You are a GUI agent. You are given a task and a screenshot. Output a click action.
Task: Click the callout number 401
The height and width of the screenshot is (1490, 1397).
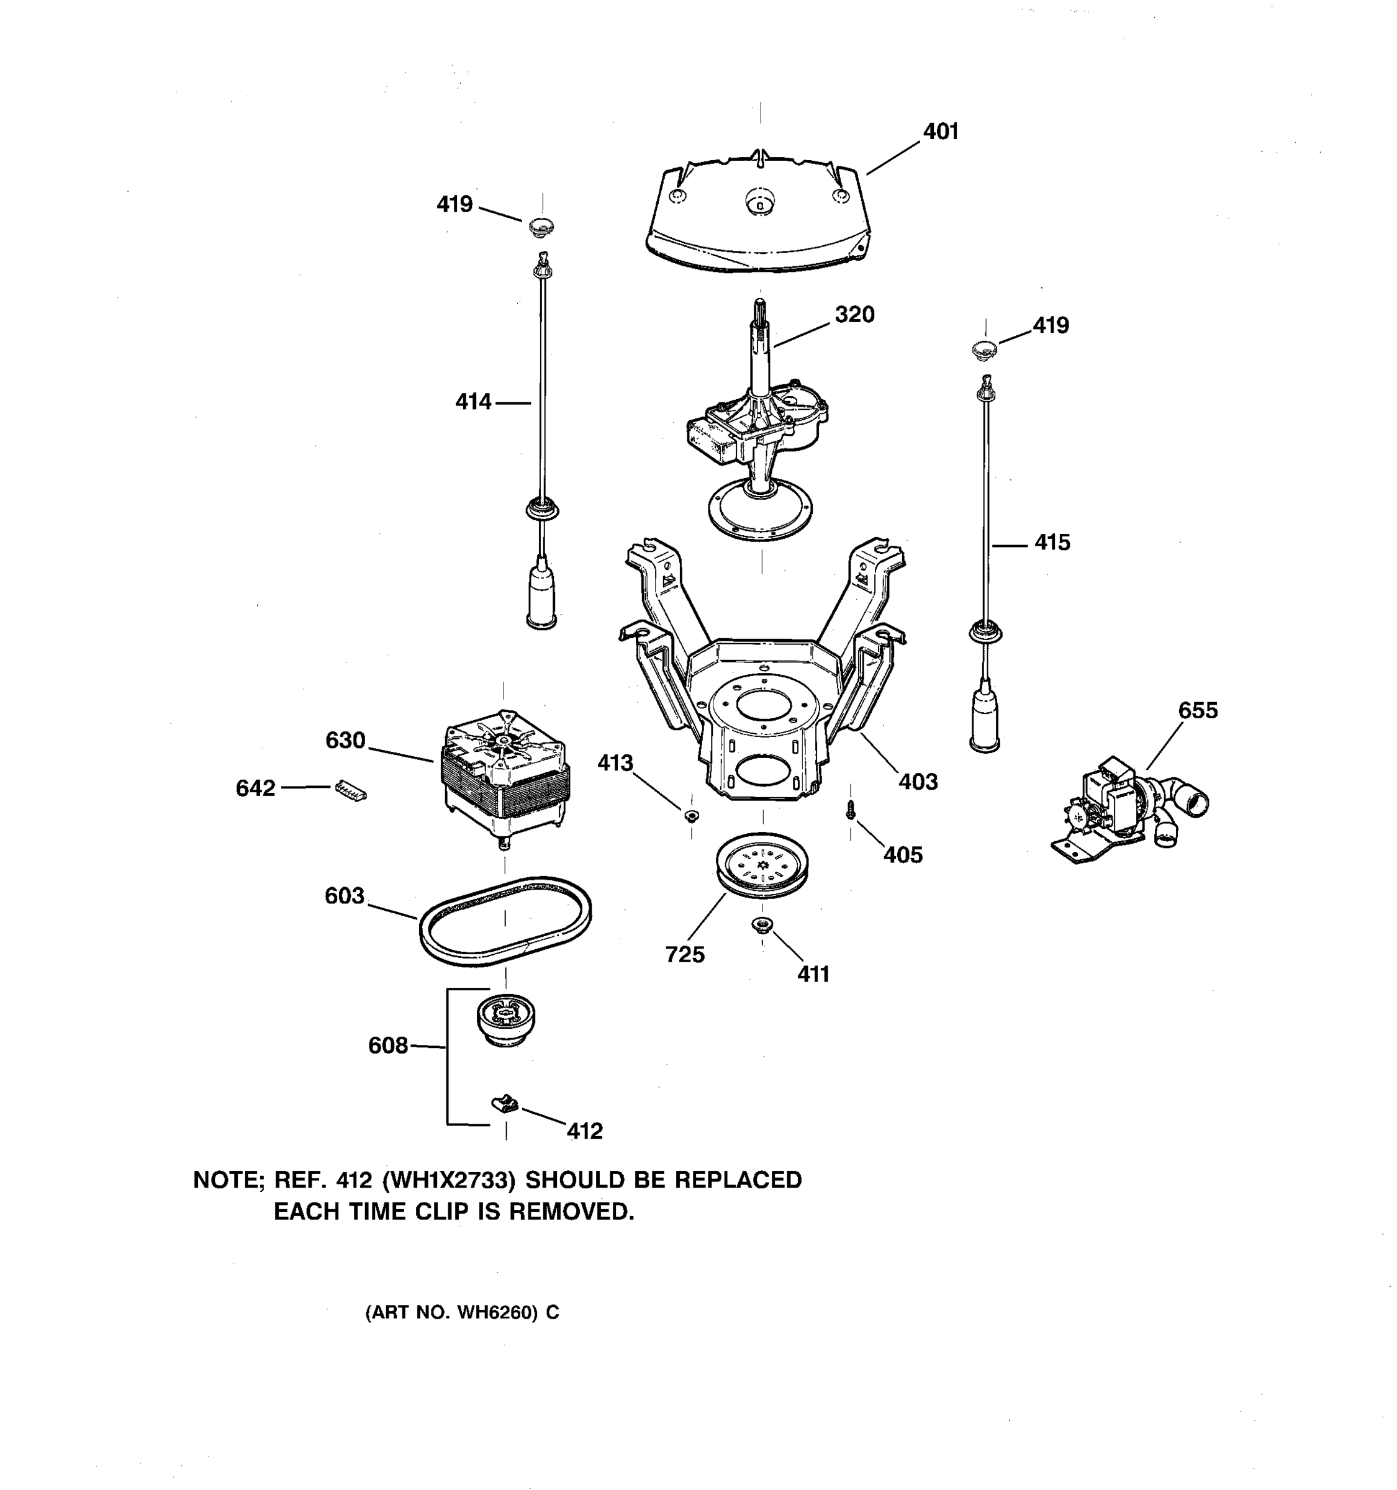click(x=940, y=132)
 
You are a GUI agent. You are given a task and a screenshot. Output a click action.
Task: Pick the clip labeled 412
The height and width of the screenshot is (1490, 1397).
click(x=504, y=1103)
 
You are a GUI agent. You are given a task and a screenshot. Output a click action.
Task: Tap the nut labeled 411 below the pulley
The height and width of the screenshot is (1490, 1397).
click(x=762, y=925)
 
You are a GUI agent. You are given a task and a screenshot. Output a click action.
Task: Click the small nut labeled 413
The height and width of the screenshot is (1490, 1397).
click(x=691, y=815)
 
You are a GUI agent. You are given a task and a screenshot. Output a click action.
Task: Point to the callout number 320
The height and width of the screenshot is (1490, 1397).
click(x=854, y=315)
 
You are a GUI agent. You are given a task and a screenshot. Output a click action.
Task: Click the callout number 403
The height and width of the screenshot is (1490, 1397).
click(x=918, y=782)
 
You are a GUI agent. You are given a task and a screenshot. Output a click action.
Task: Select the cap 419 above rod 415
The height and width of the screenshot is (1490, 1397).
click(x=984, y=348)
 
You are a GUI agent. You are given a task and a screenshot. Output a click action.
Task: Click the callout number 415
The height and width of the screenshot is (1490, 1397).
click(x=1052, y=543)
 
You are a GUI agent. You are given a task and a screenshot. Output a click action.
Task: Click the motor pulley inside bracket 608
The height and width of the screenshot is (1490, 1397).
click(x=505, y=1019)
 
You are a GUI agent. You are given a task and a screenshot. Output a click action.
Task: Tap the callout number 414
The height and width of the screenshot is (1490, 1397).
click(x=473, y=402)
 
